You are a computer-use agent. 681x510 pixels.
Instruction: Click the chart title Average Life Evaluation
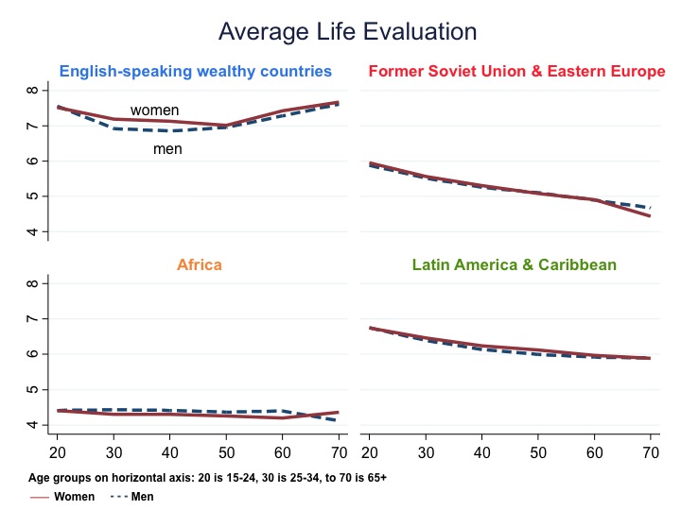click(347, 31)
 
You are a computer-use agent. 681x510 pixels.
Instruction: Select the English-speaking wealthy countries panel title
click(196, 71)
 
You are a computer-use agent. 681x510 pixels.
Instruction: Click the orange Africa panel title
click(200, 264)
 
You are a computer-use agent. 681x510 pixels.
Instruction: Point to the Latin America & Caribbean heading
click(515, 264)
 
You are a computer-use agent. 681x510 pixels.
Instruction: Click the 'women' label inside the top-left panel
click(154, 110)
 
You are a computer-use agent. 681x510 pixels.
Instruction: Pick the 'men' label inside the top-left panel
click(167, 149)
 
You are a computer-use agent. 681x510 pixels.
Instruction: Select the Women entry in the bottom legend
click(73, 496)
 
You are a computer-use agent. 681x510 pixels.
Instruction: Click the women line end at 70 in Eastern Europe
click(650, 216)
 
